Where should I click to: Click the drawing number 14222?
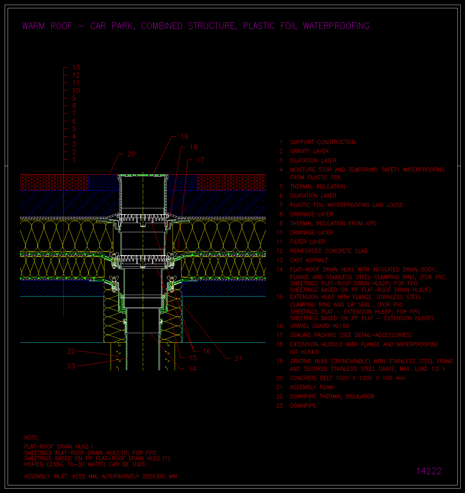point(429,471)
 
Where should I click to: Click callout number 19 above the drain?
point(184,137)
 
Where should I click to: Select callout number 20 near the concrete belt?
point(131,154)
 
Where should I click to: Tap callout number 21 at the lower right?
point(238,358)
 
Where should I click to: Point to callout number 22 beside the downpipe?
point(71,351)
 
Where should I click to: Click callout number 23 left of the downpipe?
point(71,366)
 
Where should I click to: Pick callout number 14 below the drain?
point(192,369)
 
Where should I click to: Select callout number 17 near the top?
point(200,160)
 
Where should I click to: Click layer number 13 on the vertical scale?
point(76,68)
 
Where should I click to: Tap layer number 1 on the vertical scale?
point(74,160)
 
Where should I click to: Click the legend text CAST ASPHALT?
point(309,260)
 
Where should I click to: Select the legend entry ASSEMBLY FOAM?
point(312,387)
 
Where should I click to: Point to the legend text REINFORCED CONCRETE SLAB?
point(329,251)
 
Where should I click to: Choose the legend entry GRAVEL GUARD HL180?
point(320,326)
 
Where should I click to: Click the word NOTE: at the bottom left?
point(32,438)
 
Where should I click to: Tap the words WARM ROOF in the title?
point(47,26)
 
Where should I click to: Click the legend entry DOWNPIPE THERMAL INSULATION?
point(332,396)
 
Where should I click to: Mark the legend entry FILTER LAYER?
point(307,242)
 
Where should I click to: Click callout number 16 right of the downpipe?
point(207,351)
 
